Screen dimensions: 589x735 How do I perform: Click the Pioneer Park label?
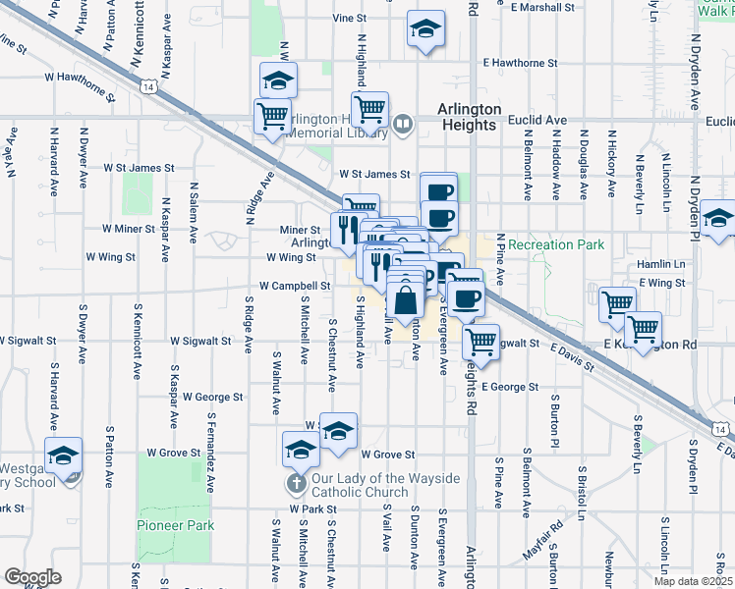(x=177, y=526)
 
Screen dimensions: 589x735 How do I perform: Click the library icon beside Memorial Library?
(x=402, y=124)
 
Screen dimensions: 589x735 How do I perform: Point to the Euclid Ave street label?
(x=538, y=120)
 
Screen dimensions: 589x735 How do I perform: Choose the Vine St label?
(x=349, y=18)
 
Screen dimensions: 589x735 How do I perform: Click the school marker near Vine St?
(x=425, y=28)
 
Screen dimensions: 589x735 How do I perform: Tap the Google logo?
(x=31, y=577)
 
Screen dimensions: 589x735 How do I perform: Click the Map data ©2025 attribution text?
(x=691, y=581)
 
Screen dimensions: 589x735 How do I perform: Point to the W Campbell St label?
(x=293, y=287)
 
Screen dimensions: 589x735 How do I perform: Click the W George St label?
(x=212, y=397)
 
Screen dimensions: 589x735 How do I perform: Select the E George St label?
(x=509, y=387)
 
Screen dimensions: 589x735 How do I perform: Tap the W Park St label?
(x=312, y=510)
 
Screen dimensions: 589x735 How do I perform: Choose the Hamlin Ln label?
(x=660, y=264)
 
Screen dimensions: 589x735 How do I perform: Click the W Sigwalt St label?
(x=199, y=342)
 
